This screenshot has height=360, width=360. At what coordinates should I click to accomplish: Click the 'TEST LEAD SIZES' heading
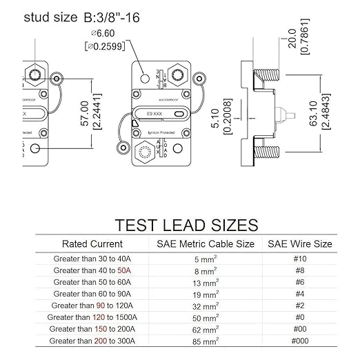[x=186, y=226]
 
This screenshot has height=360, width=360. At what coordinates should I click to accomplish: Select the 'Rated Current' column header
[x=92, y=244]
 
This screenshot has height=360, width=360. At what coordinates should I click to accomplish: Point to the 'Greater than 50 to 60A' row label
[x=92, y=282]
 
